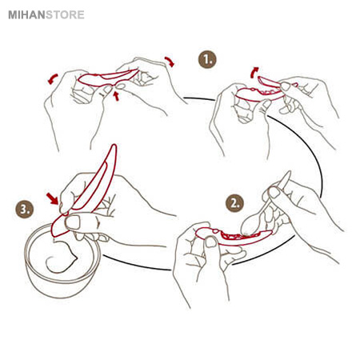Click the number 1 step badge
point(207,59)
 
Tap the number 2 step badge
point(234,203)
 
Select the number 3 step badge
point(25,209)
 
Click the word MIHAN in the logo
point(26,15)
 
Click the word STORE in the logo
point(65,15)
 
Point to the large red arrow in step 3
point(52,198)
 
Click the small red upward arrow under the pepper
point(116,96)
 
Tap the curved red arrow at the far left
point(53,79)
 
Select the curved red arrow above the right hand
point(170,61)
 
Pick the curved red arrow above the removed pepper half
point(254,72)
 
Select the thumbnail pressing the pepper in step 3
point(73,222)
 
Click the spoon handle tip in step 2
point(289,172)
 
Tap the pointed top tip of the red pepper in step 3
point(114,146)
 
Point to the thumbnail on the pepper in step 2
point(211,242)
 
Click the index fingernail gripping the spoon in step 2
point(274,192)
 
